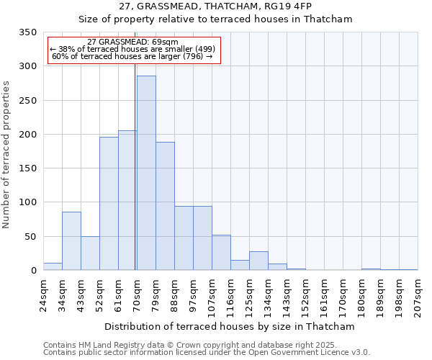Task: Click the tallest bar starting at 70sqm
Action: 146,173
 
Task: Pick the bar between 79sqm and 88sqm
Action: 165,206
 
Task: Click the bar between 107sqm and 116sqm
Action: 221,252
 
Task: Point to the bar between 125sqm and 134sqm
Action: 258,261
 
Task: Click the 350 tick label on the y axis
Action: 27,32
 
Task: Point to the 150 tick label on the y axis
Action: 27,168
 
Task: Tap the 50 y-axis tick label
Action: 30,236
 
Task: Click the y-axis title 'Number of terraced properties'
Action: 7,155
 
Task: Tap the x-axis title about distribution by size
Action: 230,326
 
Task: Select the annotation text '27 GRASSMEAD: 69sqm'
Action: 132,42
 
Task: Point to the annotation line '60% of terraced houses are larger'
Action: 132,56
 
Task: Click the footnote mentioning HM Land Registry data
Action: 206,345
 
